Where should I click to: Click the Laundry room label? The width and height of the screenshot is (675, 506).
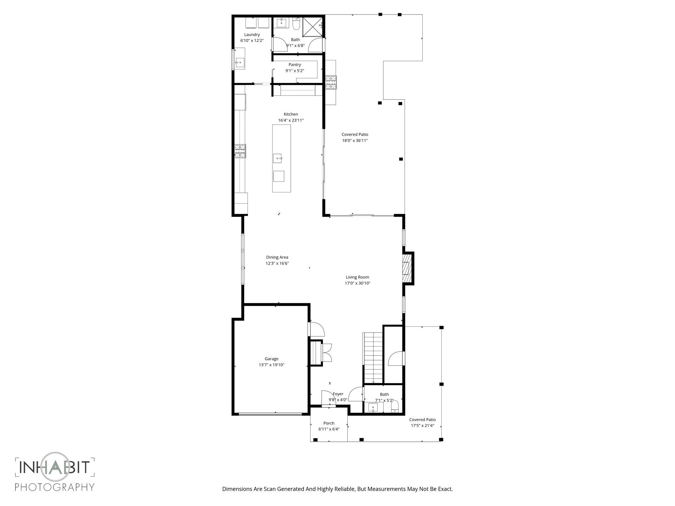coord(252,35)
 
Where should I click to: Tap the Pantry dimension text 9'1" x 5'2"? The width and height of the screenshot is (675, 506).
coord(294,71)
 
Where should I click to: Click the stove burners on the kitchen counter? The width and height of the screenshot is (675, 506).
coord(240,151)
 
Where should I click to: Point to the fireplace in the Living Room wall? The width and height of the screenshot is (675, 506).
coord(407,268)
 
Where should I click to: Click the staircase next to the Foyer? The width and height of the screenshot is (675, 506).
coord(373,358)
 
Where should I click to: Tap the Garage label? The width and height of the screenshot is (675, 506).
coord(271,359)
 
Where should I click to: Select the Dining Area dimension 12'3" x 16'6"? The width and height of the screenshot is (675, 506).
coord(277,264)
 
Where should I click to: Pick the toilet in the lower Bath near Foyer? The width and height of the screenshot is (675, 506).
coord(395,407)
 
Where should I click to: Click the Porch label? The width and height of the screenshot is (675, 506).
coord(329,423)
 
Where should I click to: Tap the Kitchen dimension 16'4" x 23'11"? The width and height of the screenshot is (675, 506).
coord(290,121)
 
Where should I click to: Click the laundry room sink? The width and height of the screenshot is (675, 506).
coord(240,62)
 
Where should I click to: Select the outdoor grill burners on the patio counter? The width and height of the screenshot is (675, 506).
coord(331,82)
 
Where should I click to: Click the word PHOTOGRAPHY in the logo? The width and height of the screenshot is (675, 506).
coord(55,487)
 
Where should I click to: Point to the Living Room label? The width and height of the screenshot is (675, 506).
coord(357,277)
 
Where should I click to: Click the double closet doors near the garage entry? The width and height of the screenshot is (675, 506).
coord(327,353)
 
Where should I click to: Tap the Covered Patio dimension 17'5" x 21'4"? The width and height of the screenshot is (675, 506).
coord(422,426)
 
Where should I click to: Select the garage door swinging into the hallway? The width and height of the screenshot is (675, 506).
coord(317,329)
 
